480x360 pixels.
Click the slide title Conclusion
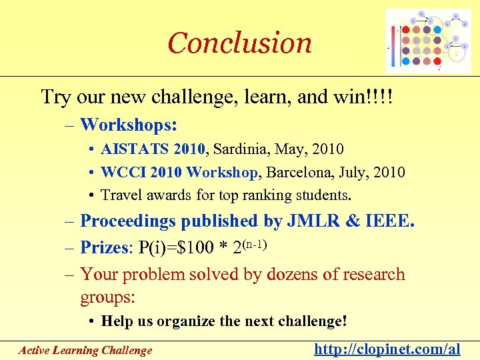point(239,43)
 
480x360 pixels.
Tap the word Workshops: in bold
point(129,124)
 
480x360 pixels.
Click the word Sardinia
point(239,149)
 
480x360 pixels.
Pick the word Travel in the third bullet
point(122,195)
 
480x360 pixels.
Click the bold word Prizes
point(105,248)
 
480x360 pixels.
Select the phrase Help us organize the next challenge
point(223,321)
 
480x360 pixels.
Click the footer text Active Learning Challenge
point(85,350)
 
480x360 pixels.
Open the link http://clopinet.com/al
point(387,349)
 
